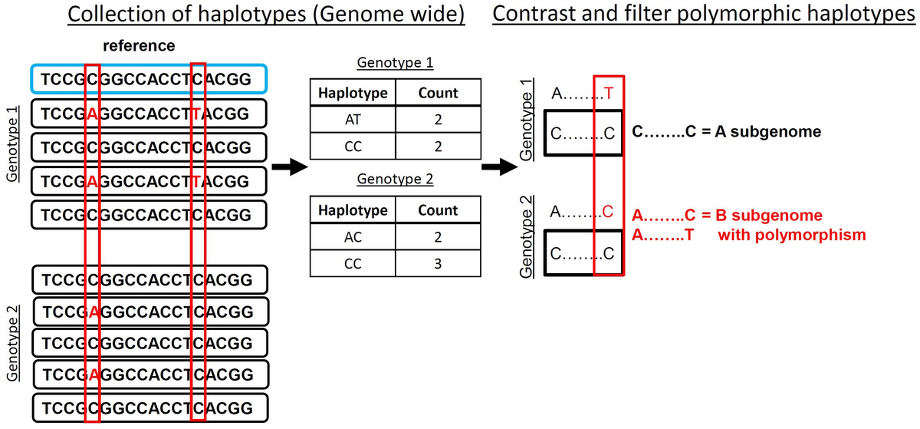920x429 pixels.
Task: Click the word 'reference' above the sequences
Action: click(x=139, y=46)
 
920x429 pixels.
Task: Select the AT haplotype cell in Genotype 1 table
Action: click(x=350, y=120)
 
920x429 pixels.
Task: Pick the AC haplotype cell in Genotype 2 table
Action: click(x=350, y=238)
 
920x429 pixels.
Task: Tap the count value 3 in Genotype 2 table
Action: click(x=438, y=265)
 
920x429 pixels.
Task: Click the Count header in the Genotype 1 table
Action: click(x=438, y=93)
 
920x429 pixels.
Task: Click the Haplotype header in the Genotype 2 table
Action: click(x=350, y=210)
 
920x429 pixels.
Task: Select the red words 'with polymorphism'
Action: click(x=791, y=235)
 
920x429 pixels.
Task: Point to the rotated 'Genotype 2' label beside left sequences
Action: click(x=13, y=342)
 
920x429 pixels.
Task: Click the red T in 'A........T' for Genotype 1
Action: click(x=609, y=94)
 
